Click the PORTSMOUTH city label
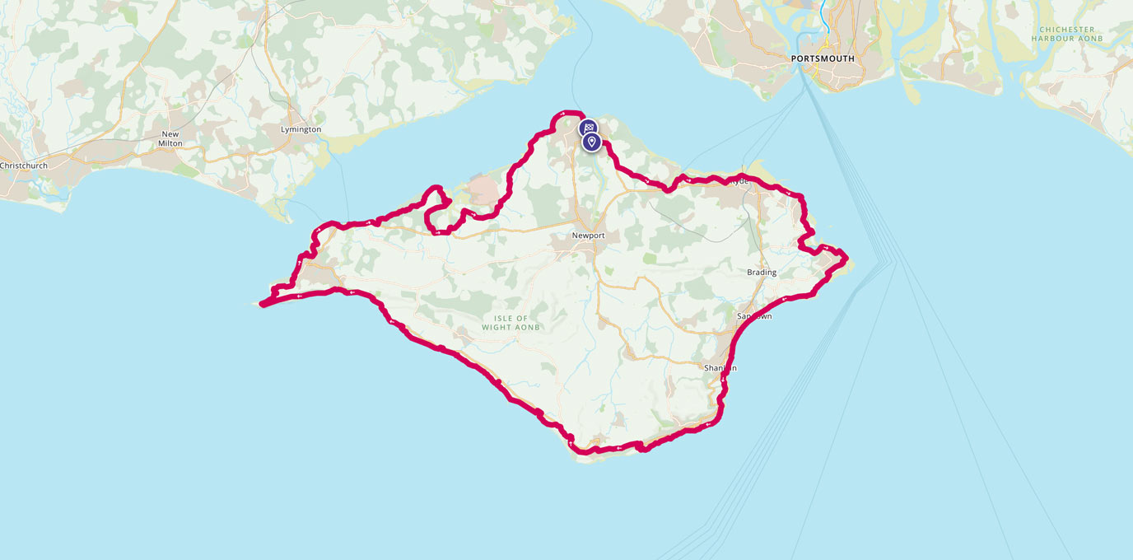point(822,59)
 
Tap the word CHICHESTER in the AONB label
point(1066,30)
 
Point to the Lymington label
point(301,130)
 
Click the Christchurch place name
point(24,166)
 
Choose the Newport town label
point(589,236)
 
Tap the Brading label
point(762,273)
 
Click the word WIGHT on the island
point(499,327)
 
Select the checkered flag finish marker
point(588,128)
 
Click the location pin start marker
point(591,142)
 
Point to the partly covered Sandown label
point(754,316)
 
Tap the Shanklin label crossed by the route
point(720,367)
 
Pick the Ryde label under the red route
point(739,181)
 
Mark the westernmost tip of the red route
point(263,305)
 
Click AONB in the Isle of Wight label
point(527,327)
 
